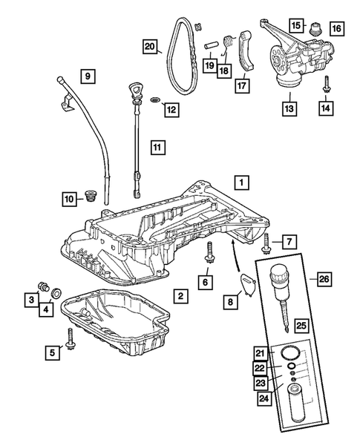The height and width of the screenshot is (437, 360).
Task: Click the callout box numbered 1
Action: tap(241, 183)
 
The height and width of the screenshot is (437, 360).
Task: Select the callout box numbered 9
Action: tap(88, 76)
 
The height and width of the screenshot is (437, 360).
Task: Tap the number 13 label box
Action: tap(289, 108)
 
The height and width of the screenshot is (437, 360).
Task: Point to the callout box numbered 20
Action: tap(150, 46)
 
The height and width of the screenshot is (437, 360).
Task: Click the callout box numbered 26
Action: tap(324, 279)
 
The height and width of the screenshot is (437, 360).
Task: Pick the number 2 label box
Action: tap(180, 296)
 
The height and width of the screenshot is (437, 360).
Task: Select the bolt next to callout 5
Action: tap(70, 338)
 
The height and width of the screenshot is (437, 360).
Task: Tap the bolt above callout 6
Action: tap(209, 252)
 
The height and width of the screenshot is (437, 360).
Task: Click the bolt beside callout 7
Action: tap(266, 243)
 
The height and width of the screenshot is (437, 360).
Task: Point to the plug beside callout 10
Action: tap(90, 196)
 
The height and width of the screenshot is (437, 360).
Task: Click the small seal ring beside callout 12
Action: tap(155, 99)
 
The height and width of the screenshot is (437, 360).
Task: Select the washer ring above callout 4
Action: tap(56, 293)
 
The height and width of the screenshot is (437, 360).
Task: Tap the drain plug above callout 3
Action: tap(44, 287)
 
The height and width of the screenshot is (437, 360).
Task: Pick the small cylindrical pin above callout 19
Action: tap(210, 45)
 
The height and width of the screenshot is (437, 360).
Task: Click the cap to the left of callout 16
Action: tap(316, 28)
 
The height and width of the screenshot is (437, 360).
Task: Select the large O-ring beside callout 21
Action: tap(290, 353)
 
